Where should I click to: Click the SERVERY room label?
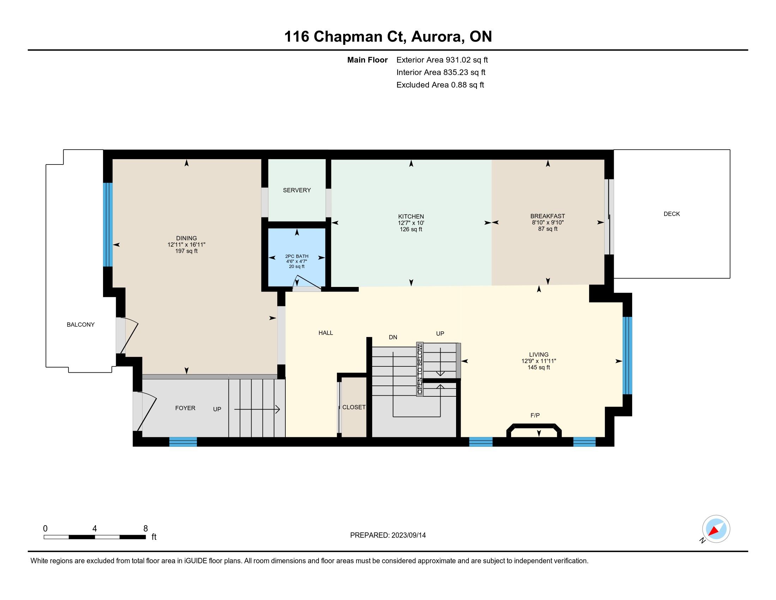[x=297, y=190]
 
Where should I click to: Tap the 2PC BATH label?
[x=297, y=256]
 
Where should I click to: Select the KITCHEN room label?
[x=411, y=216]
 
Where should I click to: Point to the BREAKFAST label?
[x=547, y=216]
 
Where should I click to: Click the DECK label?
[x=672, y=214]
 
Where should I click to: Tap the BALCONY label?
[x=81, y=324]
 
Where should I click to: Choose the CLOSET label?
[x=354, y=407]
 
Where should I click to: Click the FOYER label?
[x=185, y=408]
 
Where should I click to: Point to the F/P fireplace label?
[x=535, y=415]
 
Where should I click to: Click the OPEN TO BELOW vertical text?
[x=420, y=369]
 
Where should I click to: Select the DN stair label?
[x=393, y=337]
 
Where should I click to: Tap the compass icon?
[x=716, y=529]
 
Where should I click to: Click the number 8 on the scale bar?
[x=146, y=529]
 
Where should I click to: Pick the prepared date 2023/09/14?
[x=408, y=535]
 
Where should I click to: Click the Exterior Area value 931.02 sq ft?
[x=467, y=60]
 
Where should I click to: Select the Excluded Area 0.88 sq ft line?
[x=440, y=85]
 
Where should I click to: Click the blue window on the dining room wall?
[x=108, y=224]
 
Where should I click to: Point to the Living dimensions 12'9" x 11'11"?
[x=539, y=361]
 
